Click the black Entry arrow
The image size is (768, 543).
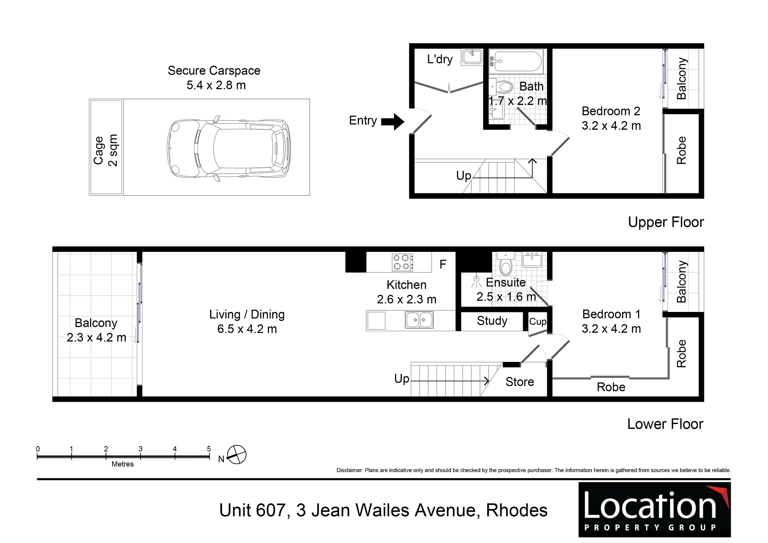(x=393, y=122)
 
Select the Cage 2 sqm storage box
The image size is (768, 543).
(x=106, y=147)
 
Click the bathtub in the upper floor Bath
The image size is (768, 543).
(x=517, y=62)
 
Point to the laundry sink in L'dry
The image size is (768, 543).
(x=472, y=56)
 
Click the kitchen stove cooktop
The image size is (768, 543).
(x=402, y=262)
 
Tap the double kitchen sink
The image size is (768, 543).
(x=419, y=320)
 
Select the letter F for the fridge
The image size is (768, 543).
(x=443, y=264)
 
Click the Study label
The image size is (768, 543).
(x=492, y=321)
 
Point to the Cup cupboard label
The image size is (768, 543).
(x=537, y=322)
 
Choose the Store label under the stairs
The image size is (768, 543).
(x=519, y=382)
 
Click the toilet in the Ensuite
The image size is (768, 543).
(x=506, y=264)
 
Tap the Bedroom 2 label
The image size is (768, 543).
(x=611, y=111)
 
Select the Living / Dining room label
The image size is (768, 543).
(x=247, y=314)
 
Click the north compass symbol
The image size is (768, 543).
(x=237, y=455)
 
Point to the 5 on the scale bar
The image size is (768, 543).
(x=209, y=449)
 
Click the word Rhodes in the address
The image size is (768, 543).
(x=517, y=510)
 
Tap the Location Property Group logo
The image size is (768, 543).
(x=654, y=509)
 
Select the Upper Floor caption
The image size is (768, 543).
(x=666, y=222)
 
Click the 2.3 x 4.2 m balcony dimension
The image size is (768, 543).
(x=96, y=338)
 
